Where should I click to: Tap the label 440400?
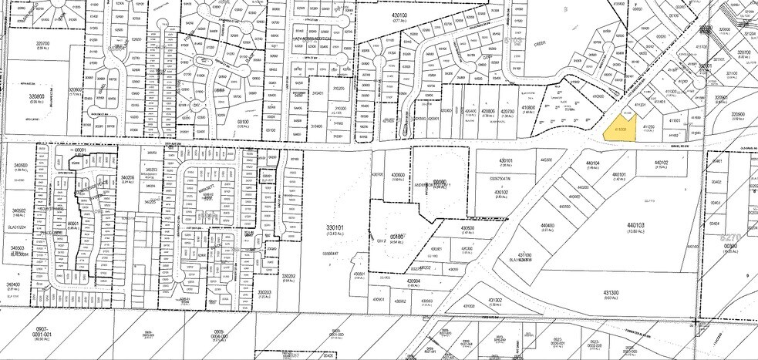pyautogui.click(x=548, y=225)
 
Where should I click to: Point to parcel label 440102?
pyautogui.click(x=660, y=163)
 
